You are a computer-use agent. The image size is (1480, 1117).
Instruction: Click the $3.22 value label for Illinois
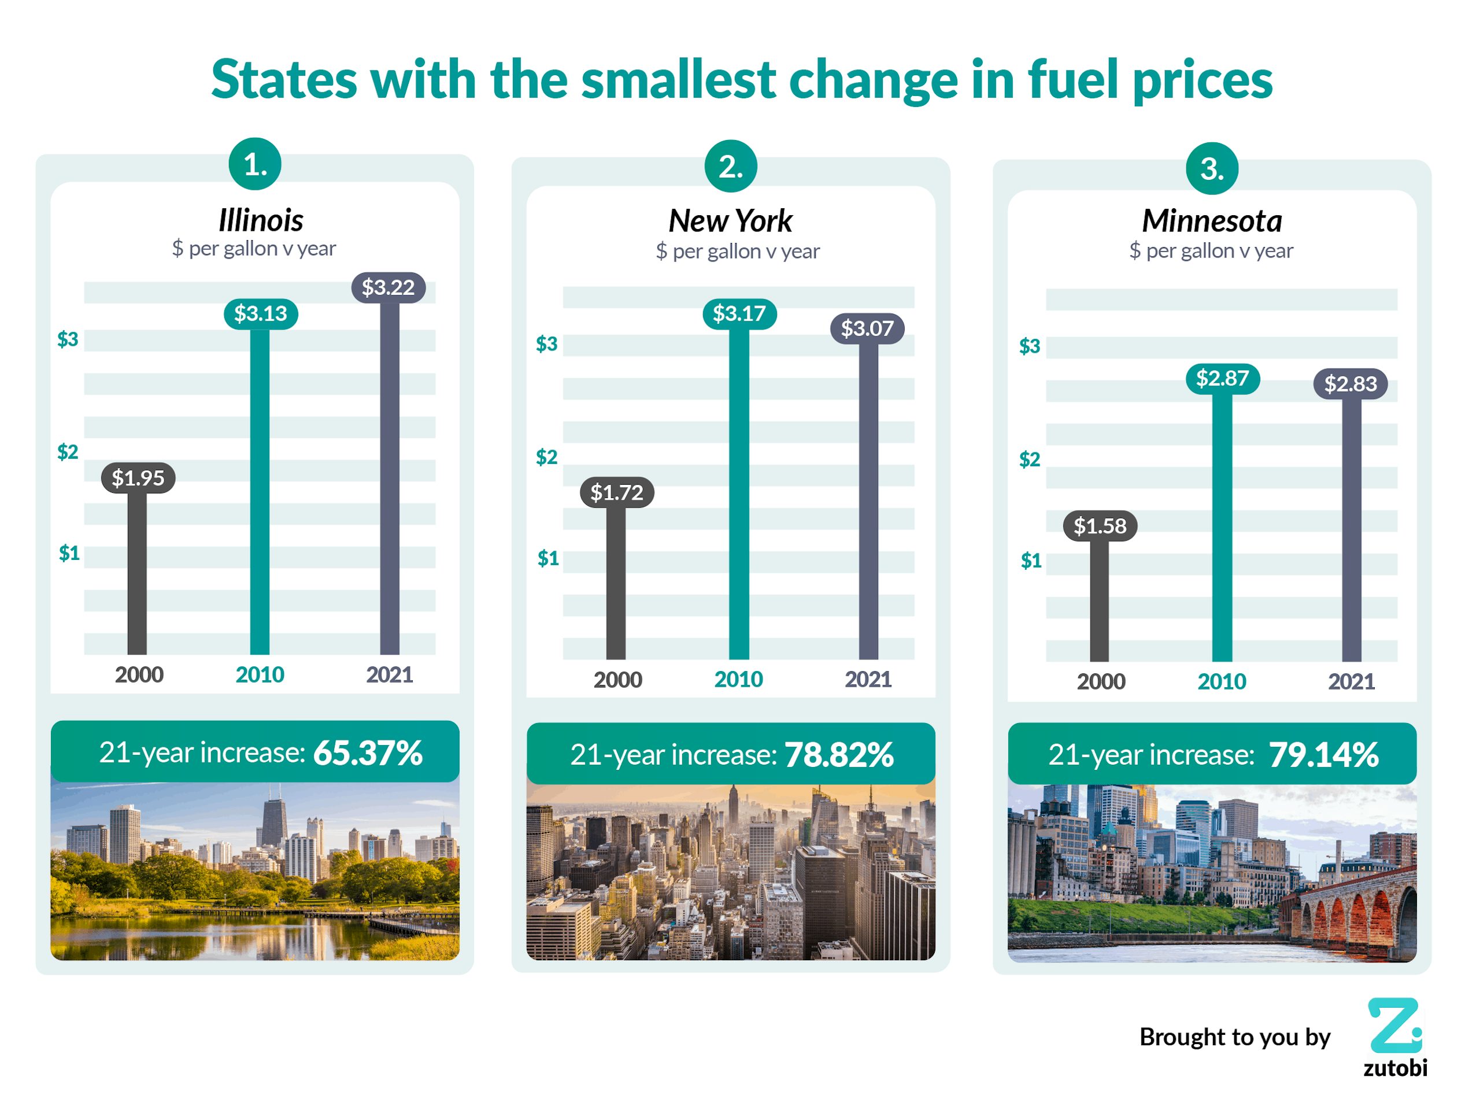(388, 288)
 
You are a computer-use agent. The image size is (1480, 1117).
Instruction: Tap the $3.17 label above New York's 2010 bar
(739, 313)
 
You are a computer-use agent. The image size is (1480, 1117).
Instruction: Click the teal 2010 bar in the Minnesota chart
(1222, 529)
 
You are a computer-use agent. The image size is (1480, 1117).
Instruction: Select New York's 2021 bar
(868, 502)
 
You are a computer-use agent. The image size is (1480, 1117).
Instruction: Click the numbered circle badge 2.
(731, 166)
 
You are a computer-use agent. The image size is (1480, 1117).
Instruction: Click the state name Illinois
(261, 220)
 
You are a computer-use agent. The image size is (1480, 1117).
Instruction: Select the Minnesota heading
(1212, 221)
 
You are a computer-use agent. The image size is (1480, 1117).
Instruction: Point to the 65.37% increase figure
(368, 753)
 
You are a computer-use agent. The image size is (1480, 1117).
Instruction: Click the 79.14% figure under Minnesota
(1323, 755)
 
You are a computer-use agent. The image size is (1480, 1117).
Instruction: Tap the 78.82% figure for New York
(839, 755)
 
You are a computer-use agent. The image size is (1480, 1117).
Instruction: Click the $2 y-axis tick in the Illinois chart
(68, 452)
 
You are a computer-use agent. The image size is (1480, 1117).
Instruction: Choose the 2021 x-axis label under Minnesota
(1351, 682)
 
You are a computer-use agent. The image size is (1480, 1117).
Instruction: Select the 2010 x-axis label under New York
(739, 680)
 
